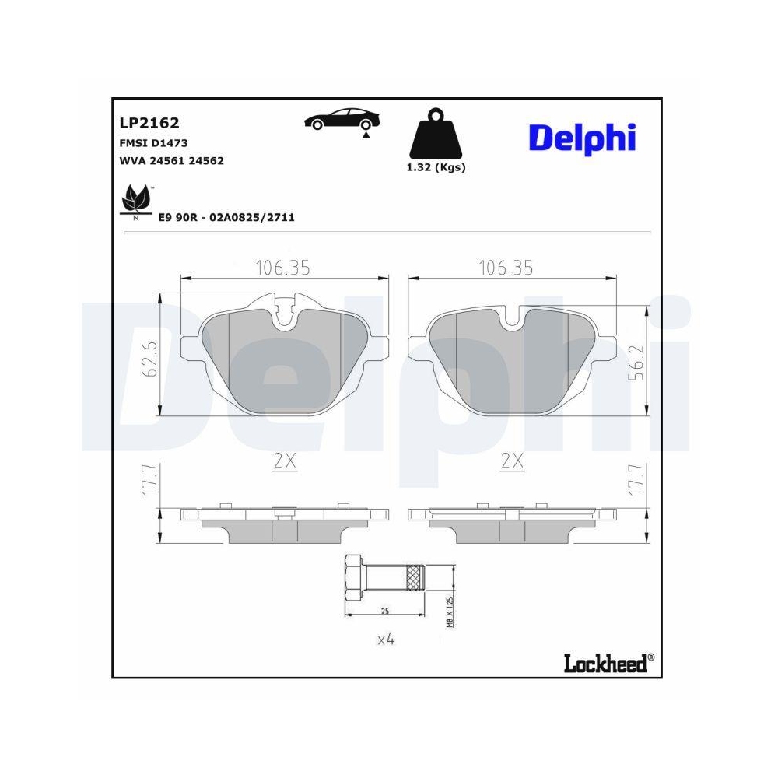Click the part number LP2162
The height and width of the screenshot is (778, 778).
click(x=149, y=123)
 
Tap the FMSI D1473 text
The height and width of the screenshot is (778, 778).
click(x=154, y=143)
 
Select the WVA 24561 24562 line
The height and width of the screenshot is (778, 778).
click(x=172, y=160)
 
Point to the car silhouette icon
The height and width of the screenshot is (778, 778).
click(x=342, y=120)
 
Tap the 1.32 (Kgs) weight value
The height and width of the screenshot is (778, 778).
click(x=436, y=167)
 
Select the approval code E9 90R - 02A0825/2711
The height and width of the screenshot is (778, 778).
click(x=226, y=217)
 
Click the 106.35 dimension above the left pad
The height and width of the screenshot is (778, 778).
click(x=283, y=268)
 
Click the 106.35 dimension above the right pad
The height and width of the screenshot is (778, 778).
click(x=506, y=268)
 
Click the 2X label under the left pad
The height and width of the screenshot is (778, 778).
click(x=286, y=461)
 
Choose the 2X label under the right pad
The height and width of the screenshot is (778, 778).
click(x=511, y=461)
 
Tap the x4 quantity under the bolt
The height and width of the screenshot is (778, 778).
click(x=386, y=640)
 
